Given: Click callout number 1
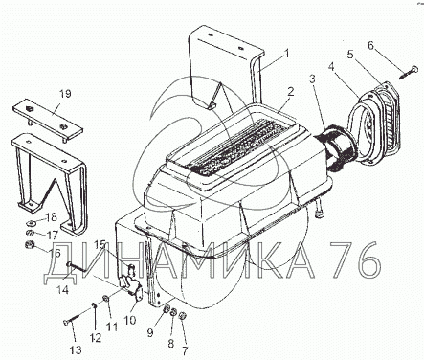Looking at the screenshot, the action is tap(286, 53).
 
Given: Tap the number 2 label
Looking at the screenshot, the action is tap(290, 92).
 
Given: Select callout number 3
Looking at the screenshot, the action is tap(312, 79).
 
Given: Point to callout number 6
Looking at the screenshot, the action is tap(370, 46).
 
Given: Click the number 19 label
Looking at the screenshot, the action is tap(65, 94).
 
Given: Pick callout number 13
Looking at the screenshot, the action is tap(76, 349).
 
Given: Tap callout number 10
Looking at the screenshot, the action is tap(130, 320).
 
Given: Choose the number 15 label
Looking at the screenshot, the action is tap(100, 245).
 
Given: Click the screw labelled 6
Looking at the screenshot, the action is tap(408, 72).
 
